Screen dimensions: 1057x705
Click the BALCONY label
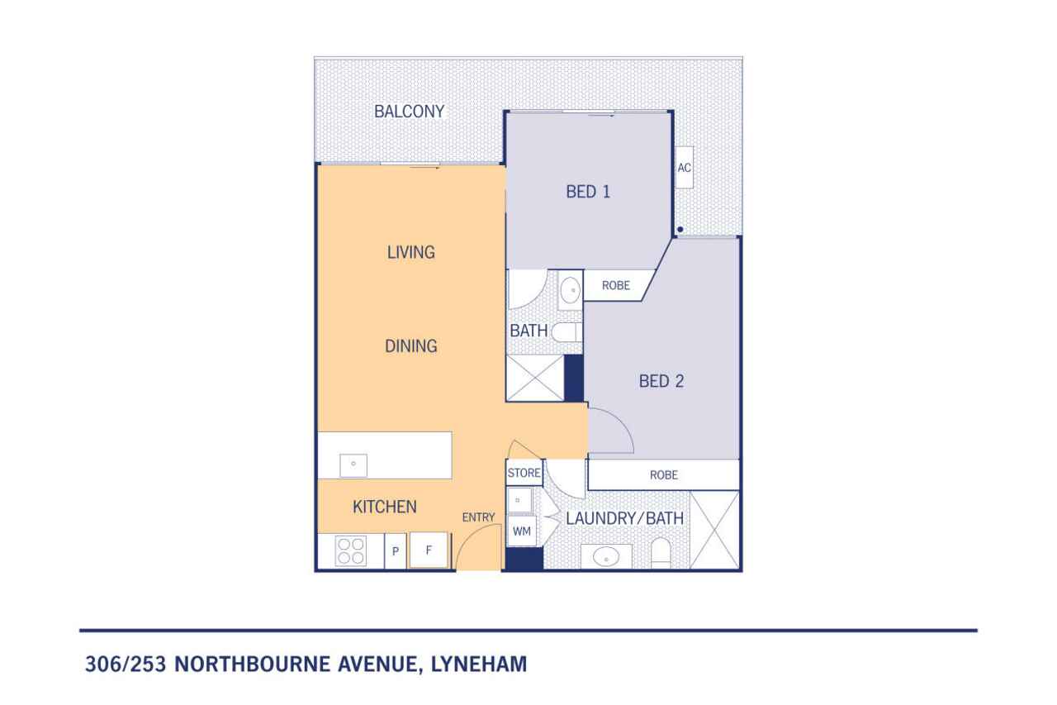[409, 112]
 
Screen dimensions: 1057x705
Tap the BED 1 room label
[588, 192]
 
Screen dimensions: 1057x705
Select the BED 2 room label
[661, 381]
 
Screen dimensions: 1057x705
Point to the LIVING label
[411, 252]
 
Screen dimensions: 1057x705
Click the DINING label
[411, 346]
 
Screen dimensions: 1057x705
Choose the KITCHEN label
[385, 507]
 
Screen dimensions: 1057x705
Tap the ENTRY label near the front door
[478, 517]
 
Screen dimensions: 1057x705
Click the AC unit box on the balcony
[685, 168]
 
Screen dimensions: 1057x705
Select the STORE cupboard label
[524, 473]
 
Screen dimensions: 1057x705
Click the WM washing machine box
[521, 531]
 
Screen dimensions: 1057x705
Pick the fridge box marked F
[429, 550]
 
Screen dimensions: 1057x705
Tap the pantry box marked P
[396, 550]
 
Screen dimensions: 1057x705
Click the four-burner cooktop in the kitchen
[351, 550]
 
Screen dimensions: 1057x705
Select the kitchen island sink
[353, 465]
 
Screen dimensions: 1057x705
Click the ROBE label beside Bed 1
[616, 285]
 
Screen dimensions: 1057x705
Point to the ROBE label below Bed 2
[663, 475]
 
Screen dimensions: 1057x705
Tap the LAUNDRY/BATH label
[625, 518]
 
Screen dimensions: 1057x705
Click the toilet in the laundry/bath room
[661, 553]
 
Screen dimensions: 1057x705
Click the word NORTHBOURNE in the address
[253, 664]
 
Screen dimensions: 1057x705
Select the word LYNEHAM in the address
[479, 664]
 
